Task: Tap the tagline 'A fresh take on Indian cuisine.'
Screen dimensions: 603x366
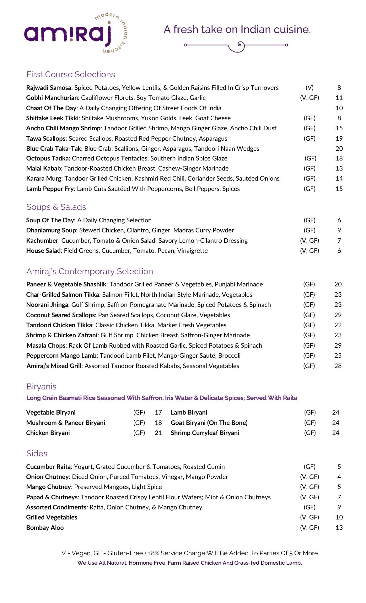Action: point(237,30)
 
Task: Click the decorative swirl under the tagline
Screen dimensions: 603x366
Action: point(236,46)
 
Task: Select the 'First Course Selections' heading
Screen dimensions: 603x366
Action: point(71,74)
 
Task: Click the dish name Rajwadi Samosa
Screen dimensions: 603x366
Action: point(49,88)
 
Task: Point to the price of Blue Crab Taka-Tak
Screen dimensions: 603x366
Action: point(339,149)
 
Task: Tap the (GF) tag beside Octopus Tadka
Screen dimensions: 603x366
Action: point(310,159)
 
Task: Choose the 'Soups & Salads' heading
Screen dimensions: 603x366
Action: point(56,207)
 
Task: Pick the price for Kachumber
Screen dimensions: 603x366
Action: point(339,241)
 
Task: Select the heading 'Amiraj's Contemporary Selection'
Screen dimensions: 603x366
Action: point(90,271)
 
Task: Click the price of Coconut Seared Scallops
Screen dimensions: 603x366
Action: point(338,315)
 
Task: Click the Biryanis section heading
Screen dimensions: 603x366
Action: point(41,387)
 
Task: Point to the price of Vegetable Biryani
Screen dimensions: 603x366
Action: point(158,412)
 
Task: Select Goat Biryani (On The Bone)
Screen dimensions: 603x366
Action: point(209,423)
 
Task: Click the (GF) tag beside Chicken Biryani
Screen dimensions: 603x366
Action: point(139,433)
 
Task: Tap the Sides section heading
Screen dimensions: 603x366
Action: point(37,454)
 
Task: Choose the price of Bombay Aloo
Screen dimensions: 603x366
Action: point(339,528)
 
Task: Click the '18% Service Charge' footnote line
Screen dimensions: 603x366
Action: point(190,553)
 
